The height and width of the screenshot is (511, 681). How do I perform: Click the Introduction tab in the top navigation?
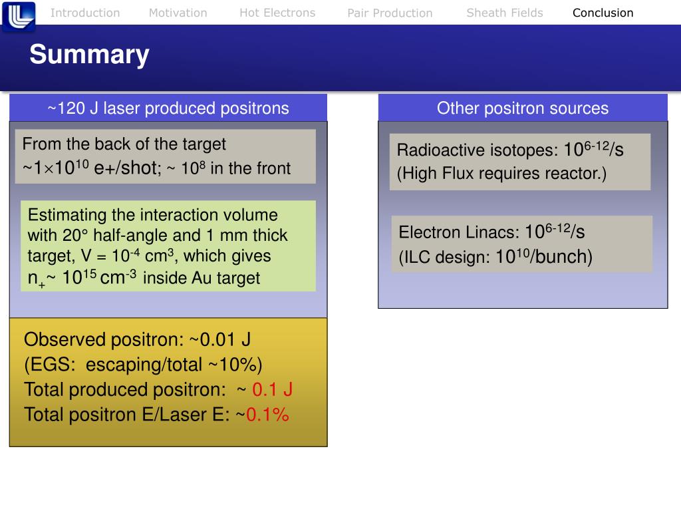pos(85,13)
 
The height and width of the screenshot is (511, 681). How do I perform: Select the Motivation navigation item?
pos(178,13)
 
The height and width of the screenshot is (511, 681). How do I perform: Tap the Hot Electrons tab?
pos(277,13)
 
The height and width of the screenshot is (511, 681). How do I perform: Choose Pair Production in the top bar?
pos(390,13)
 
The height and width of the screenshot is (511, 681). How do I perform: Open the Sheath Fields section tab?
pos(505,13)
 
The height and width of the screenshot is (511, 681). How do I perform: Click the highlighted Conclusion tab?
pos(603,13)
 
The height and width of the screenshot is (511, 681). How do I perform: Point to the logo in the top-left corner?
pos(19,16)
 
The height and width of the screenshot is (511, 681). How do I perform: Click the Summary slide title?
pos(89,55)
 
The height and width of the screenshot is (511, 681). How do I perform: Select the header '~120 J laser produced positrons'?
pos(168,108)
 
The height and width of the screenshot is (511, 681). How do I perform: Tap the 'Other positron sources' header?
pos(523,108)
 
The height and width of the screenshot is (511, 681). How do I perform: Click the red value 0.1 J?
pos(273,390)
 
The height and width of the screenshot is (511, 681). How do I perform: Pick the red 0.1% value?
pos(267,415)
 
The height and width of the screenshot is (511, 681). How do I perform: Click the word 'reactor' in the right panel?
pos(576,174)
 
